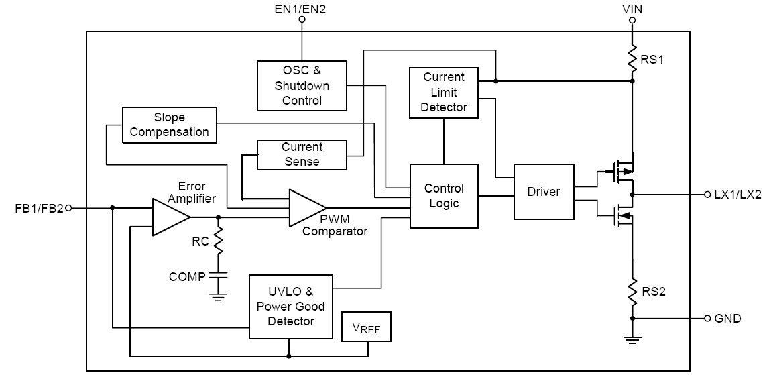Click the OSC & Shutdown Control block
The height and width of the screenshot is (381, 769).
(x=302, y=85)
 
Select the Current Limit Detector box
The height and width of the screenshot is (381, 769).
(x=444, y=93)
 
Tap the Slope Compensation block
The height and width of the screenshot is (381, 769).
(x=170, y=125)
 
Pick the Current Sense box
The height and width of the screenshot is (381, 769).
(x=302, y=154)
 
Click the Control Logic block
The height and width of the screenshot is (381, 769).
(x=444, y=195)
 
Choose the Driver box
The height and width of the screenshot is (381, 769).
(x=544, y=192)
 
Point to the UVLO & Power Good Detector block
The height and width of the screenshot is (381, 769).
(x=290, y=307)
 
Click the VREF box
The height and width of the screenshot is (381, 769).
(x=365, y=328)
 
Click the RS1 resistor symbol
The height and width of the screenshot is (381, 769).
(x=632, y=59)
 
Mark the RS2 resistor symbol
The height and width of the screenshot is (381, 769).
(x=632, y=291)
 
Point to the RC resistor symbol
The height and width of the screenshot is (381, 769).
(x=218, y=242)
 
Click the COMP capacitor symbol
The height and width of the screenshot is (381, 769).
(x=218, y=275)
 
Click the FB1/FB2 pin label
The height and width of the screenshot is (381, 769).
(x=39, y=208)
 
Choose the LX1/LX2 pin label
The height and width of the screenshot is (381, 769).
(x=737, y=195)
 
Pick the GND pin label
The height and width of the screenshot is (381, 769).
(x=727, y=318)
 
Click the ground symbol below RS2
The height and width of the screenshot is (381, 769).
(x=632, y=339)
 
